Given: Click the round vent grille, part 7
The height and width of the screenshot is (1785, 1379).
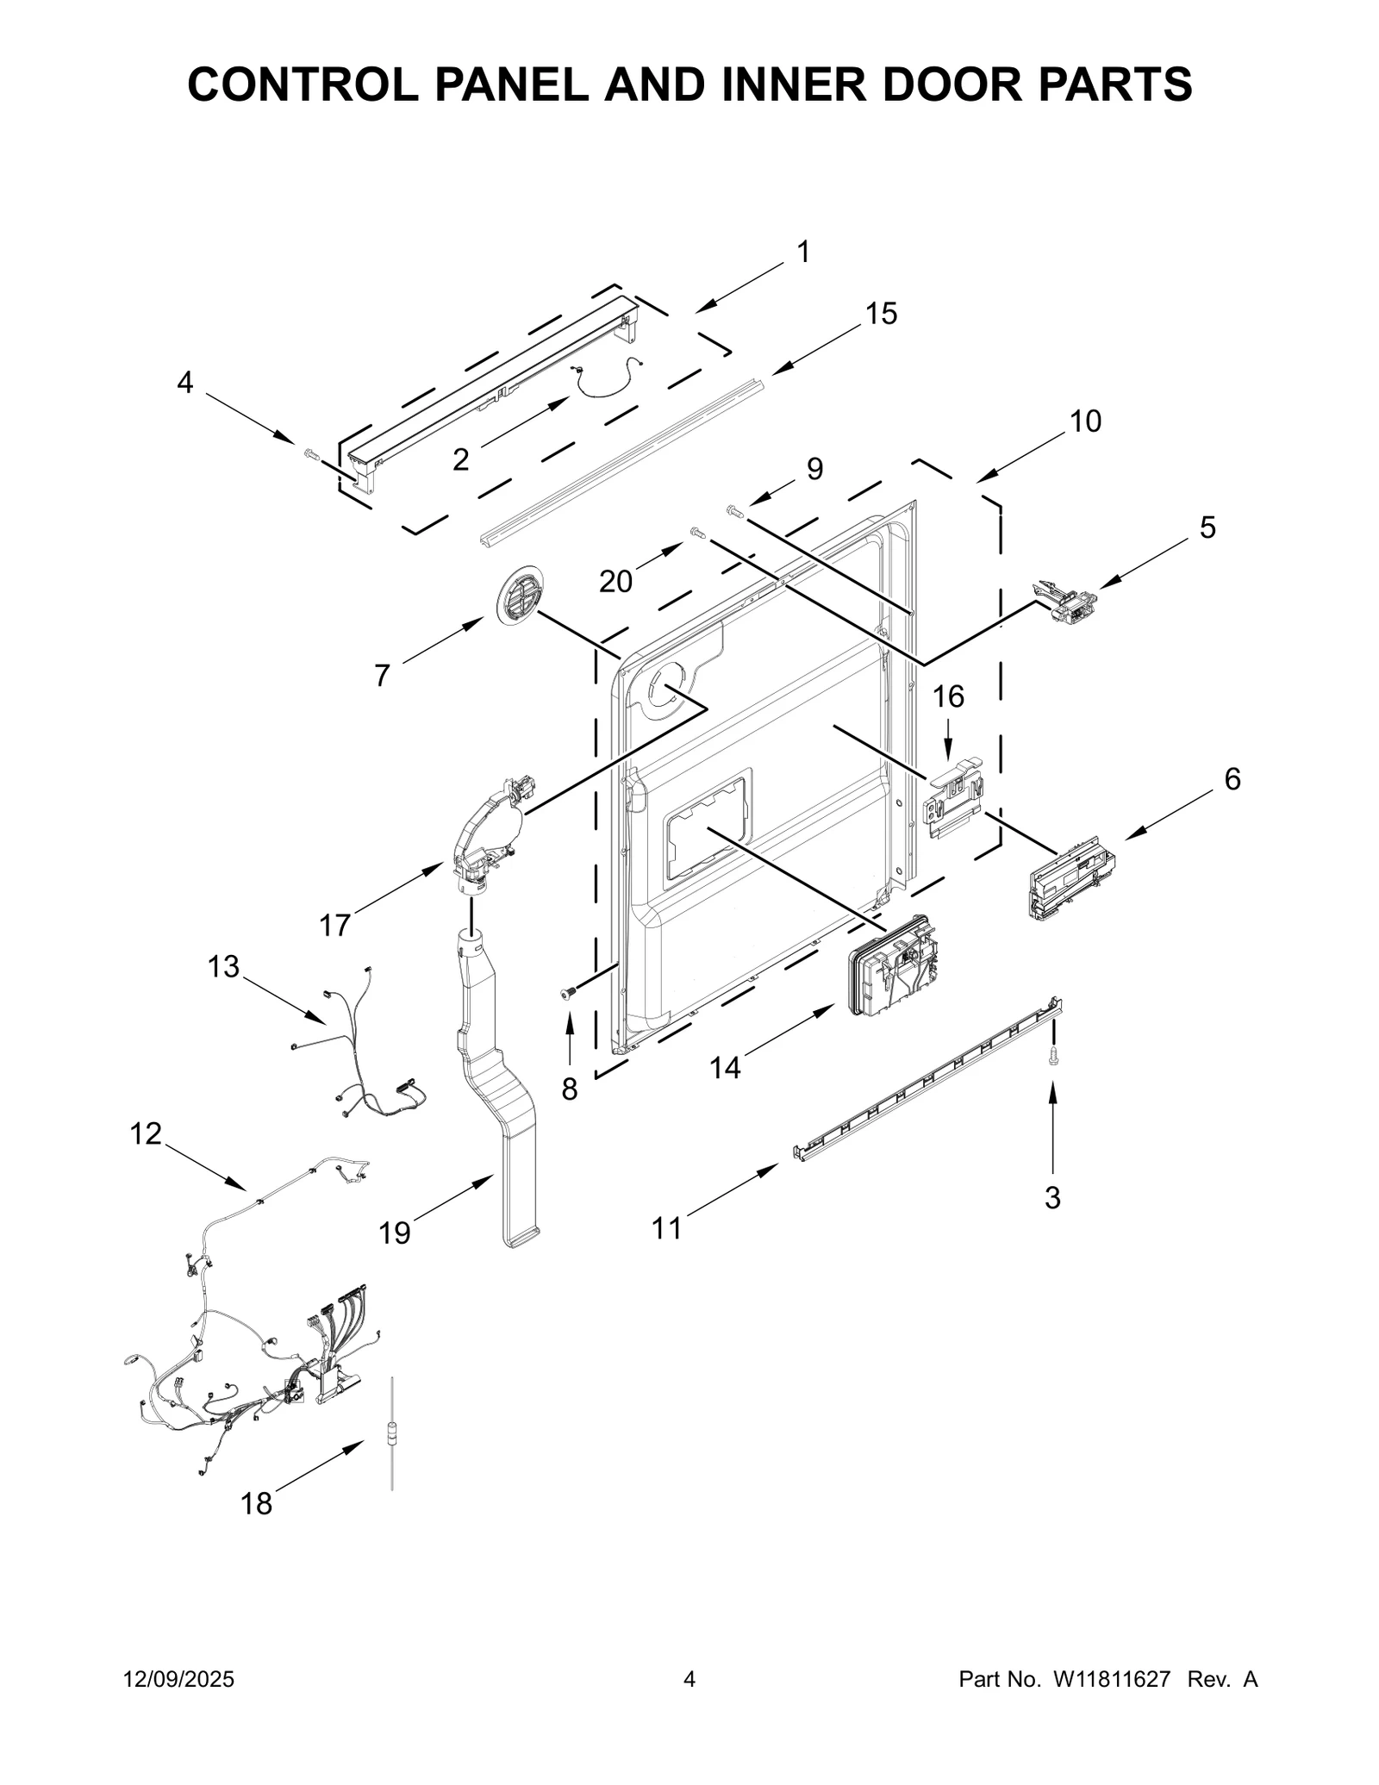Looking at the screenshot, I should click(521, 594).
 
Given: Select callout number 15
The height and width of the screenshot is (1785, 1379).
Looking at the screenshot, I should click(881, 314).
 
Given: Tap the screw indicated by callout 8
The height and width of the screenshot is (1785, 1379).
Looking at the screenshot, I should click(568, 995).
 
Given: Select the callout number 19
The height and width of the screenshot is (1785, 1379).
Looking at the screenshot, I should click(395, 1233).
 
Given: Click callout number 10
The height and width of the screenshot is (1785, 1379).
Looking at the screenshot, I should click(1085, 421).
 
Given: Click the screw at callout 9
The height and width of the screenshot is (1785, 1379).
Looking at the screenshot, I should click(734, 512).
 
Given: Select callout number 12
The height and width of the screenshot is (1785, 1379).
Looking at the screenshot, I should click(146, 1133).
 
